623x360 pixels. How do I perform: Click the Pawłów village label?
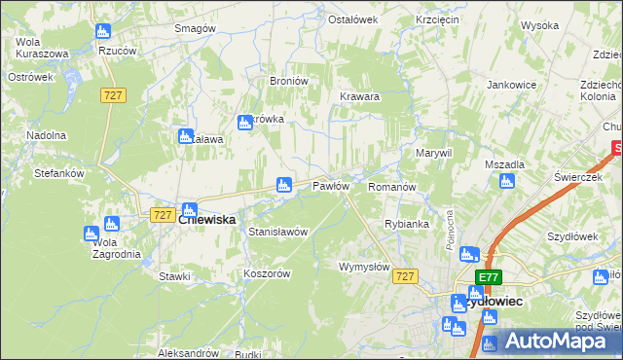point(330,186)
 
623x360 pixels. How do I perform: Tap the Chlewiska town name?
point(207,221)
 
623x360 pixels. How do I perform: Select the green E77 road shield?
point(489,277)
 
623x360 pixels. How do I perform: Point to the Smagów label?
point(194,28)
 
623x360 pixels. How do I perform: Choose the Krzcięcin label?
point(436,19)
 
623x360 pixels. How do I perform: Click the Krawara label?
point(359,97)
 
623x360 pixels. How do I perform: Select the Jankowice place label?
point(512,85)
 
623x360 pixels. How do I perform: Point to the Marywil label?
point(434,154)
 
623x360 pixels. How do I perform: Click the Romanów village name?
point(392,186)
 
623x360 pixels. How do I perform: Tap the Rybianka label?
point(407,224)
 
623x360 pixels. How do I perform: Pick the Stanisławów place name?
point(278,233)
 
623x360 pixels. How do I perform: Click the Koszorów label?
point(267,274)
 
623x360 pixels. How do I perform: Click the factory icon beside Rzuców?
point(104,31)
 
